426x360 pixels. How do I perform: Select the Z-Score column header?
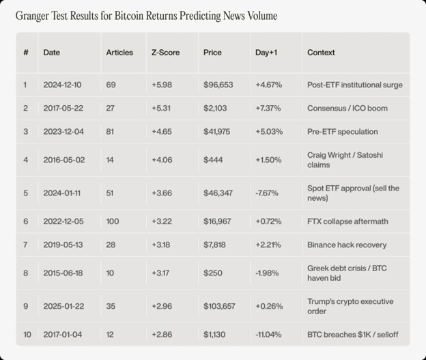(x=165, y=53)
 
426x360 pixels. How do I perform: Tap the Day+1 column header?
(x=266, y=53)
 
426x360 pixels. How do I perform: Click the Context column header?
(x=321, y=53)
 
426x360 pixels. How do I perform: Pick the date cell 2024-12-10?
(x=63, y=85)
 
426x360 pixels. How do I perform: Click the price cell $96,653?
(x=218, y=85)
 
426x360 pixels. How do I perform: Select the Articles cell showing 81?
(x=111, y=131)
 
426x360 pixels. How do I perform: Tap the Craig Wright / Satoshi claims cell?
(x=345, y=160)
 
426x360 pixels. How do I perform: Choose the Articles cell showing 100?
(x=113, y=221)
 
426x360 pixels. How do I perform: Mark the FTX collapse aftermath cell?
(x=347, y=221)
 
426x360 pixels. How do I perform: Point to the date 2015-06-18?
(x=63, y=273)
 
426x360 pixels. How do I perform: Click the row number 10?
(x=27, y=335)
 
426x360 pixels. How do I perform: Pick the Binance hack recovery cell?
(x=347, y=245)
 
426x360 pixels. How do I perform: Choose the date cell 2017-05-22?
(x=63, y=108)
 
